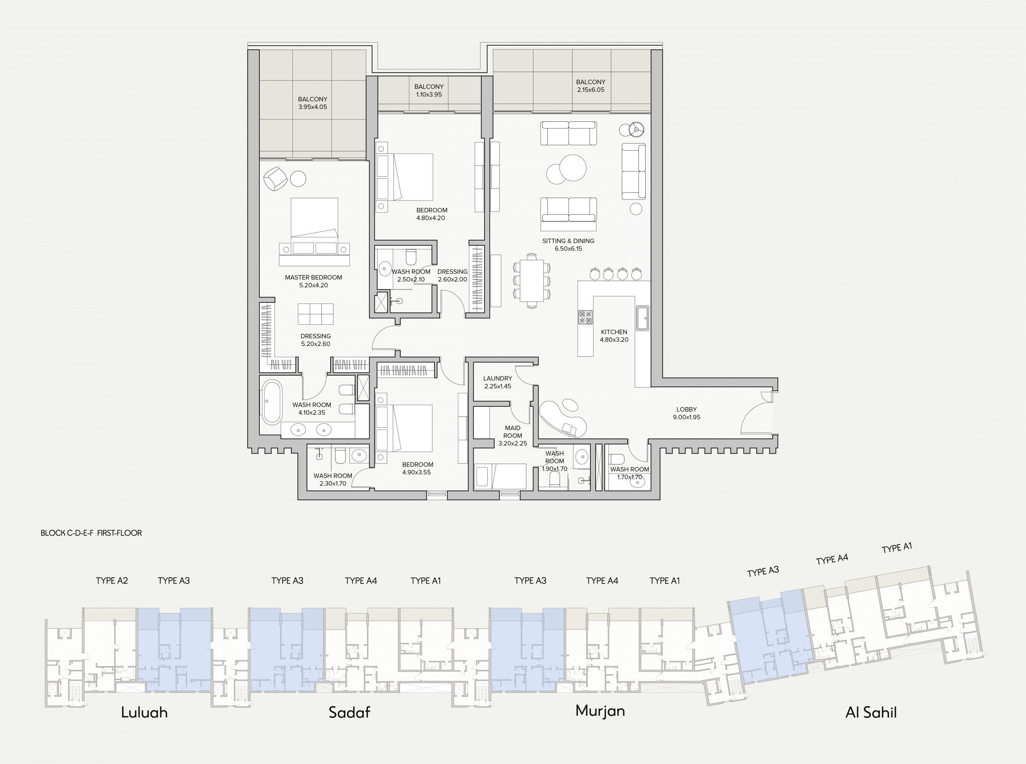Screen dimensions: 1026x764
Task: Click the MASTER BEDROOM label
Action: click(313, 277)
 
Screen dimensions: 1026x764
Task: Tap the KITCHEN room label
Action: click(614, 332)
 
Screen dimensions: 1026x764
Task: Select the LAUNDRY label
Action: click(497, 378)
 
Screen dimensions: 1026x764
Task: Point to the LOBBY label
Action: click(686, 409)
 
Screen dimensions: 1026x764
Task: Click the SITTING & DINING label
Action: click(568, 241)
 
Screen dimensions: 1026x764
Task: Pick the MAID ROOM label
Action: click(513, 432)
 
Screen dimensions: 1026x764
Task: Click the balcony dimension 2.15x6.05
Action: click(590, 90)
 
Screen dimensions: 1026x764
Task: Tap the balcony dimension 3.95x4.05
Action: click(313, 107)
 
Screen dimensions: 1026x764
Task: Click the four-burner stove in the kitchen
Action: click(586, 317)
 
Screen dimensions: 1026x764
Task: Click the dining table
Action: click(532, 280)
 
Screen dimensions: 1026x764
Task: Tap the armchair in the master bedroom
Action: click(276, 178)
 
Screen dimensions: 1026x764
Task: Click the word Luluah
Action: click(144, 712)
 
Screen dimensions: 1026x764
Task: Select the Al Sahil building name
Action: click(871, 712)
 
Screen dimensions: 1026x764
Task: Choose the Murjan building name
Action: click(600, 711)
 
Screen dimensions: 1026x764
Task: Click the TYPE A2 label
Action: click(112, 580)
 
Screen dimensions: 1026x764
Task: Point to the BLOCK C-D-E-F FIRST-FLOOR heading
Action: click(91, 533)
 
